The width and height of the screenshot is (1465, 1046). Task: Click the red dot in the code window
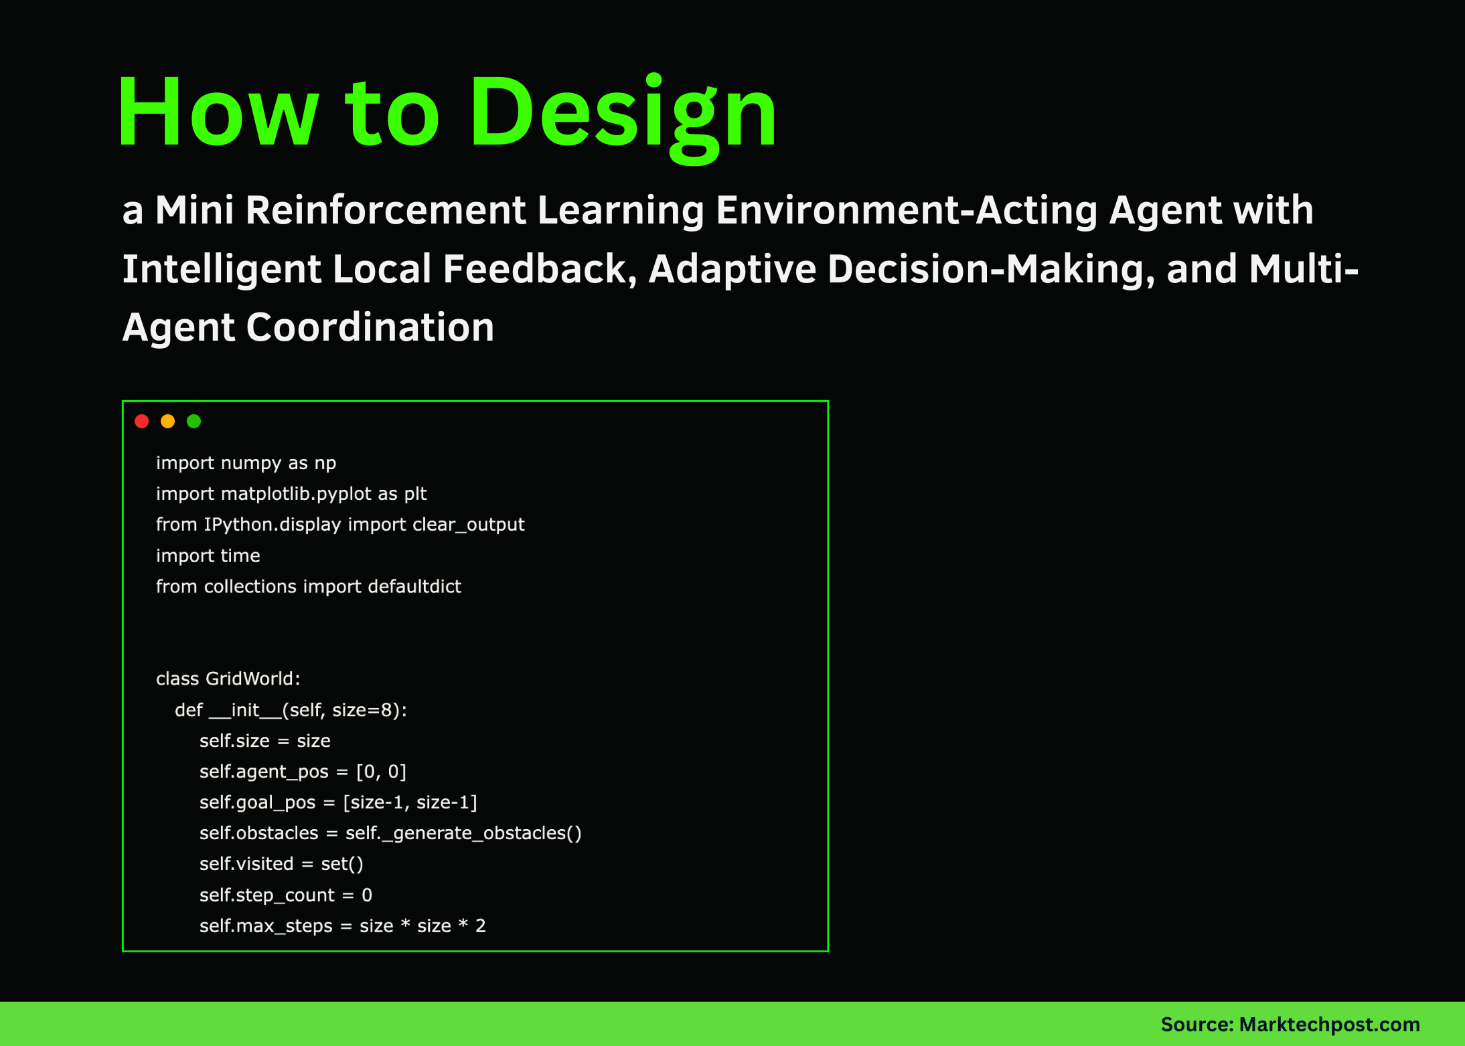click(x=141, y=421)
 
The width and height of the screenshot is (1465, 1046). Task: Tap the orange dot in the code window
click(x=167, y=421)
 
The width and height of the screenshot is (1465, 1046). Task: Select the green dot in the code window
click(x=194, y=421)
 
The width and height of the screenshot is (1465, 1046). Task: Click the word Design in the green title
click(x=623, y=114)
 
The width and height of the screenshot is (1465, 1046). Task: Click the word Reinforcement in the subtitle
click(x=385, y=210)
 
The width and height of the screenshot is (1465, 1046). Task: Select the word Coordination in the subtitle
click(x=370, y=327)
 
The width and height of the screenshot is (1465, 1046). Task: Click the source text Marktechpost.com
click(x=1329, y=1024)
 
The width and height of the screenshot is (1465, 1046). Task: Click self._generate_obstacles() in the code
click(x=463, y=833)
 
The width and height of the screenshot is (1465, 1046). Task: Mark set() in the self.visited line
click(x=341, y=864)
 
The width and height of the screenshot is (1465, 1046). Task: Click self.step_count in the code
click(x=266, y=895)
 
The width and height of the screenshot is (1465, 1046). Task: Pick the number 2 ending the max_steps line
click(x=480, y=926)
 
